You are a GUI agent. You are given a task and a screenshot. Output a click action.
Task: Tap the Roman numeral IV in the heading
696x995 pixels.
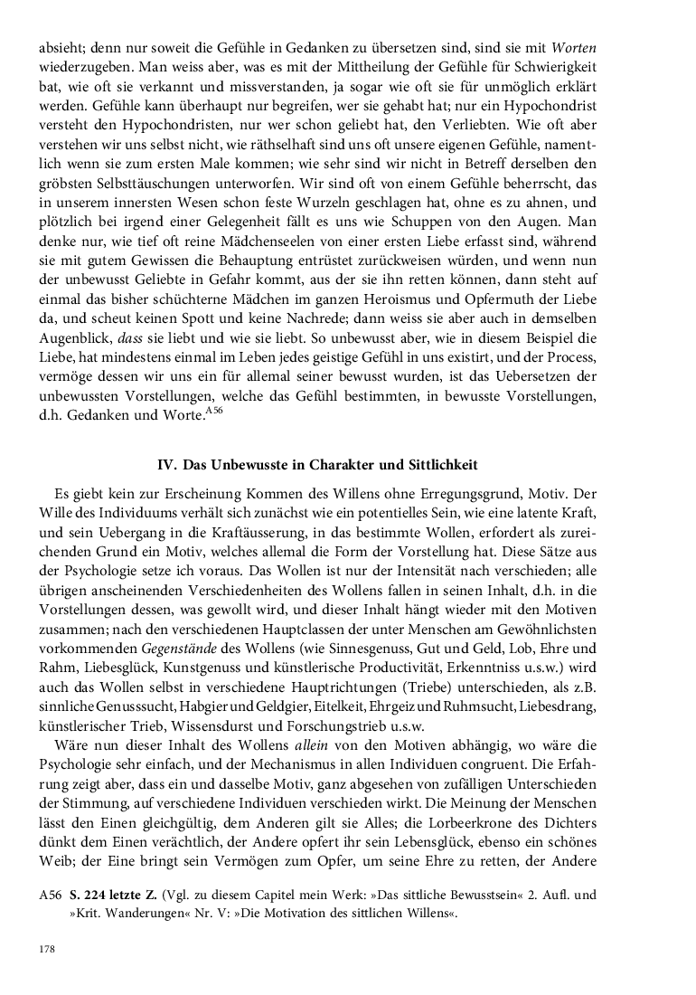tap(166, 464)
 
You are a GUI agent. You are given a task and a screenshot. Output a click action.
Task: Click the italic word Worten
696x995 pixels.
tap(573, 47)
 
